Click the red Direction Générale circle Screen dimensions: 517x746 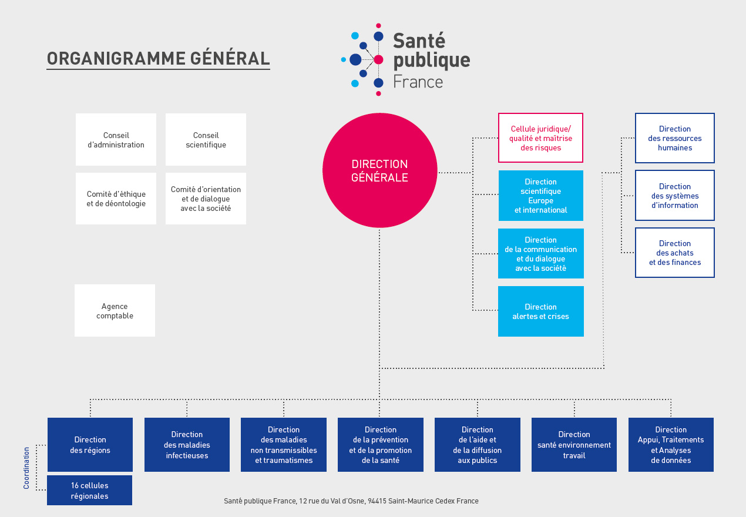[379, 170]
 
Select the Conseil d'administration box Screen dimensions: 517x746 [116, 140]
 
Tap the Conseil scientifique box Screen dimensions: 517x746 [206, 140]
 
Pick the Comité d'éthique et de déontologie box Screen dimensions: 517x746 [116, 199]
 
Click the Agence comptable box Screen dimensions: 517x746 [115, 311]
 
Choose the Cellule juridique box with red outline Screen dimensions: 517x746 [540, 138]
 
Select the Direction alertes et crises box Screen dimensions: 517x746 [540, 311]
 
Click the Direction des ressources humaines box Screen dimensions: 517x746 [674, 138]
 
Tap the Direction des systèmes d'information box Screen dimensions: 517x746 [674, 196]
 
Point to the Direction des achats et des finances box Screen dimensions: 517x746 [674, 253]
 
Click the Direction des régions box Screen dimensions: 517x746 [90, 445]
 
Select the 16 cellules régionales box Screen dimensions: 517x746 [89, 491]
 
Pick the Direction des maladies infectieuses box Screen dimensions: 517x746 [187, 445]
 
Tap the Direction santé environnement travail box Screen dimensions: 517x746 [574, 445]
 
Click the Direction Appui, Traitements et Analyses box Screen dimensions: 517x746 [671, 445]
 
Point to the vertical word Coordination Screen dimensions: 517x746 [26, 468]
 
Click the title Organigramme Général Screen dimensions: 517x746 [158, 59]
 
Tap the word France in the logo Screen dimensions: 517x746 [418, 82]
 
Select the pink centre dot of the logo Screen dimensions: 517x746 [378, 59]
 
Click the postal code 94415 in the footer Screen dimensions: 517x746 [377, 501]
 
